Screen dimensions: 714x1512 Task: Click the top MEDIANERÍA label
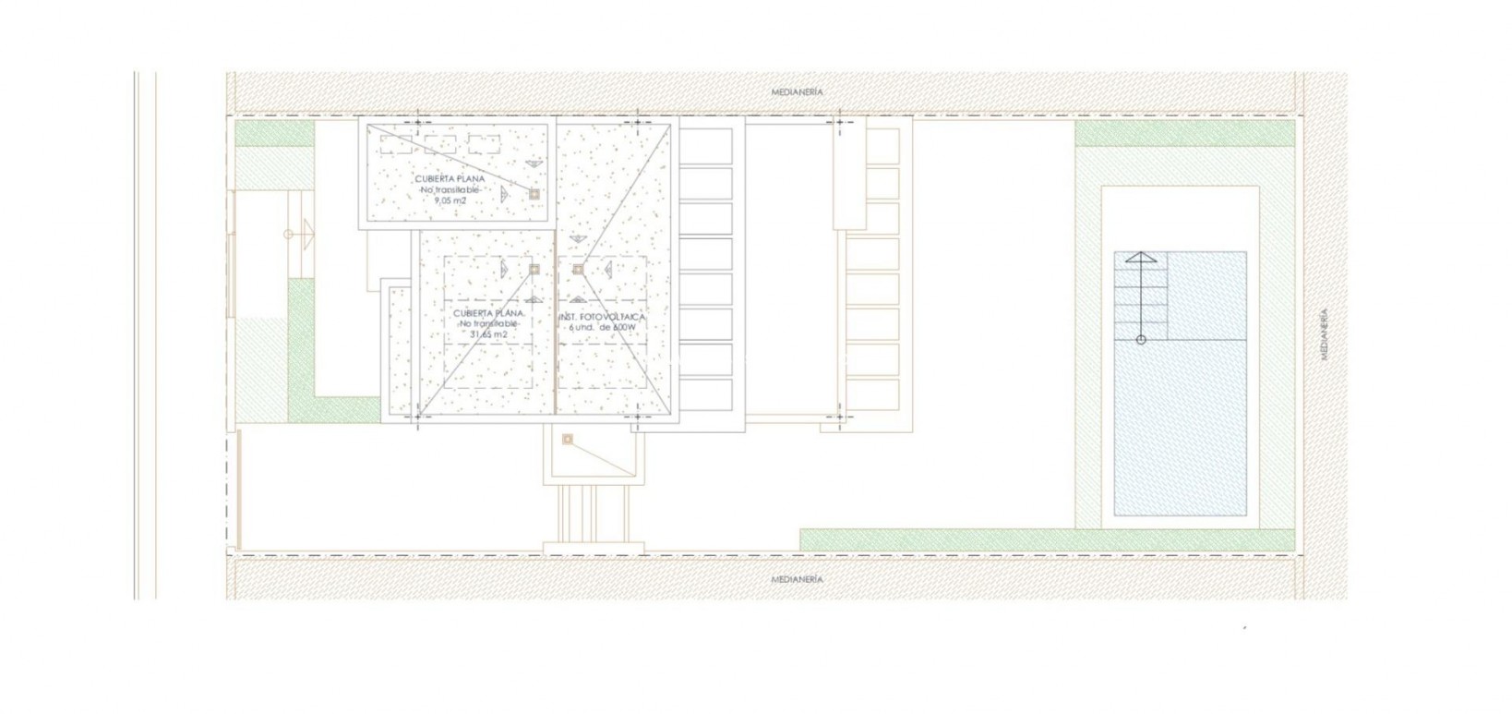[x=797, y=92]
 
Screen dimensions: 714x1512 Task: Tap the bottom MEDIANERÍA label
[x=797, y=580]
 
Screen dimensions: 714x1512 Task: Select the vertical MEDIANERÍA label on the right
[x=1324, y=333]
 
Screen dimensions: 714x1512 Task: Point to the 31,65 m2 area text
[x=488, y=334]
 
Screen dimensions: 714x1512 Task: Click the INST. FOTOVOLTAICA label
[x=602, y=317]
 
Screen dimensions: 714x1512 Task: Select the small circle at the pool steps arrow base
[x=1141, y=340]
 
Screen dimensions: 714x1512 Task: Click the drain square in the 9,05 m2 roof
[x=534, y=194]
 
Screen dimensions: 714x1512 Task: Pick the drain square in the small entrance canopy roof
[x=568, y=440]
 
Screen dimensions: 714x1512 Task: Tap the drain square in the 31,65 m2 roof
[x=534, y=269]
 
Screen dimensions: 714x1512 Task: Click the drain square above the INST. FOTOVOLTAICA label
[x=578, y=269]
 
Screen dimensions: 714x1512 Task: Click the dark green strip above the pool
[x=1185, y=135]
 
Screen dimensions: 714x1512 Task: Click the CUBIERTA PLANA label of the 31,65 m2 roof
[x=489, y=314]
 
